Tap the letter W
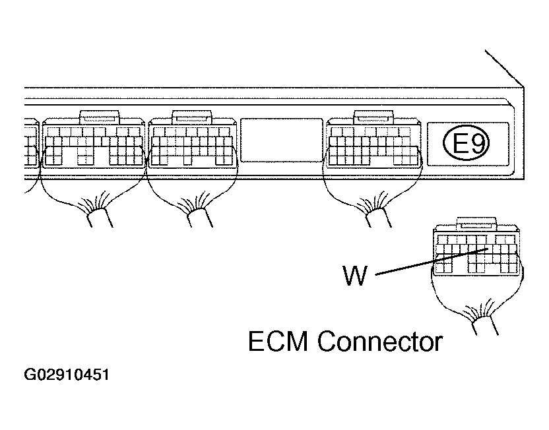click(x=355, y=275)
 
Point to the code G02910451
click(x=67, y=376)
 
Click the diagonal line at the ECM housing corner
click(x=505, y=68)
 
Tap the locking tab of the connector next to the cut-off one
click(x=99, y=117)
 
